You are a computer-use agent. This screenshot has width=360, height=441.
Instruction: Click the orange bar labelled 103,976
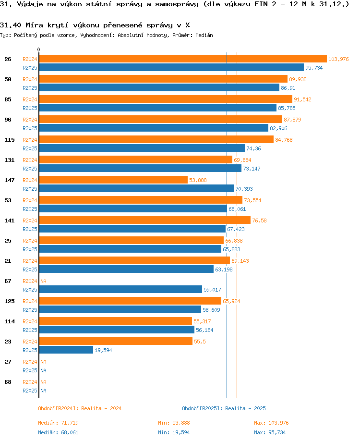[182, 59]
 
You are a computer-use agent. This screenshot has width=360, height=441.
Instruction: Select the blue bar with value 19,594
[66, 350]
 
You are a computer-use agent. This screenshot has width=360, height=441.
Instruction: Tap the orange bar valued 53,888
[113, 180]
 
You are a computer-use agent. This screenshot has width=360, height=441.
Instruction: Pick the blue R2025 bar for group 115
[142, 148]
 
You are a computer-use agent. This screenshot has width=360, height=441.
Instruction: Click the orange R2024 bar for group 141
[144, 220]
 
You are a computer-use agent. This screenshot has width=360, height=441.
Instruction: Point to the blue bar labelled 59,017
[120, 290]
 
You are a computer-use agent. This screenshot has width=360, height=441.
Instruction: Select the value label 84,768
[284, 140]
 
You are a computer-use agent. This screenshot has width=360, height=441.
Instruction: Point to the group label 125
[10, 301]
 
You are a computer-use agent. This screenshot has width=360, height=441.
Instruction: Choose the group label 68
[8, 381]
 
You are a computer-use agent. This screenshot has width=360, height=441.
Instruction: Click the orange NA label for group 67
[43, 281]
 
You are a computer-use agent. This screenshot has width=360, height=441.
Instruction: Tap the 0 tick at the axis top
[39, 49]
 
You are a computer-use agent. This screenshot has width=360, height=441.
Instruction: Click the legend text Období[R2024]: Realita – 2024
[80, 408]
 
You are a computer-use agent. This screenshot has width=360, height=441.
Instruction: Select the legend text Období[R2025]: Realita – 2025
[224, 408]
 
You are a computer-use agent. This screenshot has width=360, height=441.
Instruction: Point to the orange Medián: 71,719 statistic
[58, 423]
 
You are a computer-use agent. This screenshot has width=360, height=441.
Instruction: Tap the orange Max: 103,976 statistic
[271, 423]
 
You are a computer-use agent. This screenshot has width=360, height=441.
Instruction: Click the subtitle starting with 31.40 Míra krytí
[95, 25]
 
